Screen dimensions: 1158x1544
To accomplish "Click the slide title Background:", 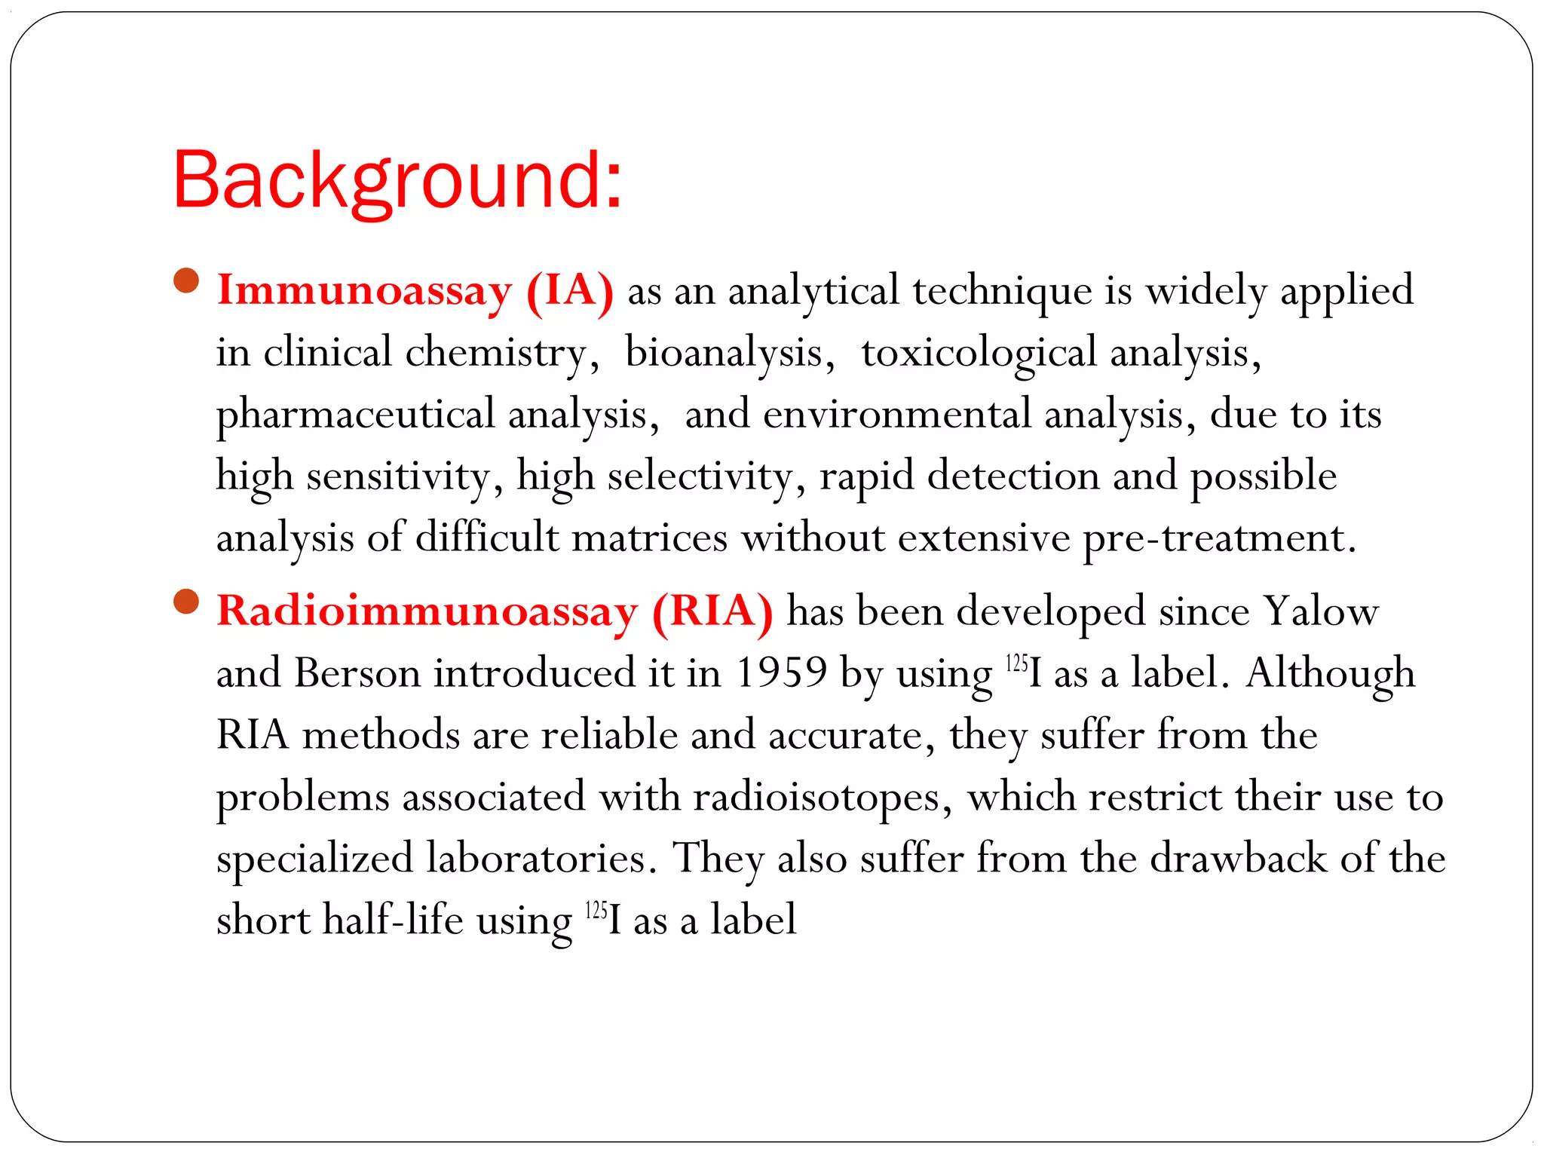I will click(x=397, y=181).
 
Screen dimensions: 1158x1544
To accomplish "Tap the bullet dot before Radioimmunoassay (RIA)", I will click(x=185, y=602).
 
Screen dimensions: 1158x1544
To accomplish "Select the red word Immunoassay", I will click(x=364, y=290).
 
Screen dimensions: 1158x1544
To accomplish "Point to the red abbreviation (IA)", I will click(x=570, y=290).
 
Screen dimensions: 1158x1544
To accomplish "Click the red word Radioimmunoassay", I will click(x=427, y=611).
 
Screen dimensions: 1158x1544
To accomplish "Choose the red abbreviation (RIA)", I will click(x=712, y=611).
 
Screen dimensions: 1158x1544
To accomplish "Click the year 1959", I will click(x=781, y=672).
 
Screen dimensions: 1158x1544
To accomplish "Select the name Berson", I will click(x=357, y=672).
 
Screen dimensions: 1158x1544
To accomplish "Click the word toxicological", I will click(x=979, y=353).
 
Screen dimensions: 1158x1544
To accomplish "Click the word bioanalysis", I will click(x=724, y=353).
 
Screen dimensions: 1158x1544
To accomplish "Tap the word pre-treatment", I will click(x=1219, y=538).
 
